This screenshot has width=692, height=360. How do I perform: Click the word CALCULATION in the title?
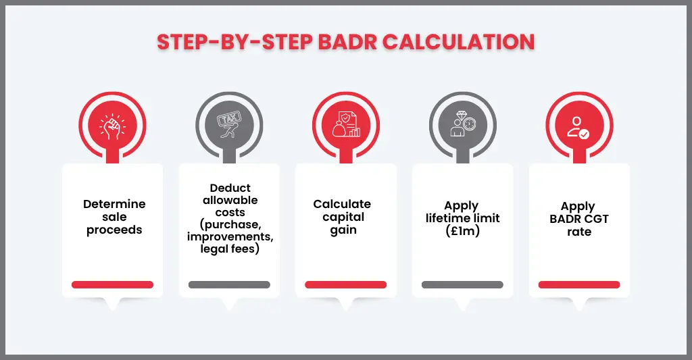(459, 42)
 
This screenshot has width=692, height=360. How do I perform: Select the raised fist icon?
(112, 126)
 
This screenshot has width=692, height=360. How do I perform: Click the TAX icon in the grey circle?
(229, 126)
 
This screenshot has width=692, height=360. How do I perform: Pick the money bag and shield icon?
(346, 126)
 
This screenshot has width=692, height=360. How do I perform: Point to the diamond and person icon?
(462, 126)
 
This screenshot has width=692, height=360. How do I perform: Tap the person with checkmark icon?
(579, 126)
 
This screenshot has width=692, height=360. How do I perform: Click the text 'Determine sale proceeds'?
(114, 217)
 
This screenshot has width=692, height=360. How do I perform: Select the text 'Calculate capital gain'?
(342, 217)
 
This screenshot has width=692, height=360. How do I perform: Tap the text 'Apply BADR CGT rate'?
(578, 219)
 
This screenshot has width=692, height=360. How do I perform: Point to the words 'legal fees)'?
(230, 249)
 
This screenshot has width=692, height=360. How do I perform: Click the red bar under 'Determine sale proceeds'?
(112, 284)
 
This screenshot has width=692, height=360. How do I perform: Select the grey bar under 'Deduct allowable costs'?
(229, 284)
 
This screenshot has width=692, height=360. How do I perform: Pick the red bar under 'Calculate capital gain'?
(346, 284)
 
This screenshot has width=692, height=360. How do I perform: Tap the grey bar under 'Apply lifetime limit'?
(462, 284)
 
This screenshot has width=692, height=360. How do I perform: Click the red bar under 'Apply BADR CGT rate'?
(579, 284)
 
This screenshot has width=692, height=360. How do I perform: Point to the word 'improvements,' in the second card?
(230, 237)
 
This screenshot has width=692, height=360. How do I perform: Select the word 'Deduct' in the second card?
(230, 188)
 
